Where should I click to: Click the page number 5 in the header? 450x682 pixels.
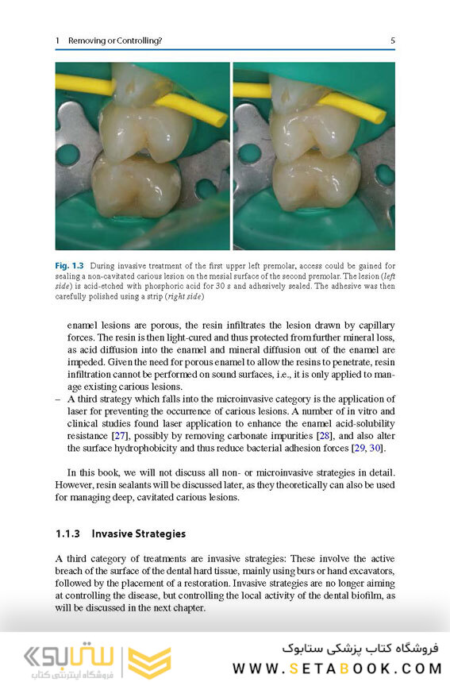(x=393, y=40)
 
